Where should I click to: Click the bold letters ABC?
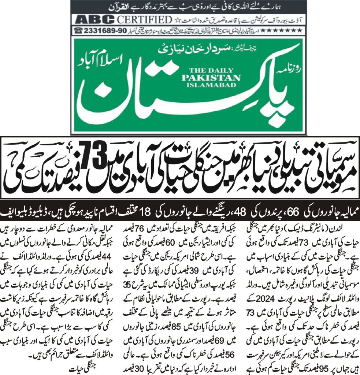tap(85, 19)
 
